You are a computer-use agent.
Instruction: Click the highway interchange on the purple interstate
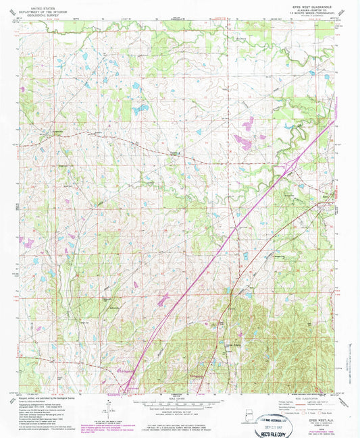[292, 163]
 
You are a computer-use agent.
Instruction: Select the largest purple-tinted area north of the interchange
[242, 142]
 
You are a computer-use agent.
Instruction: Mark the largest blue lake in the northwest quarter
[141, 109]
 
